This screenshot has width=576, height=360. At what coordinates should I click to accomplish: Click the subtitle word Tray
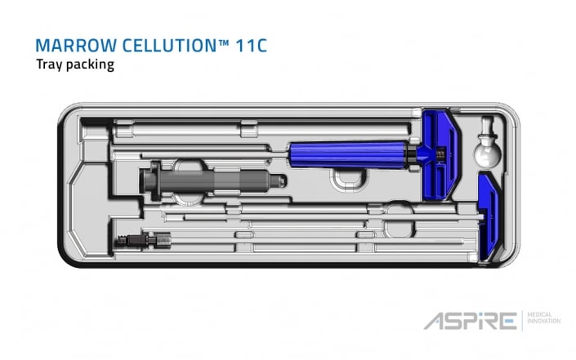click(50, 64)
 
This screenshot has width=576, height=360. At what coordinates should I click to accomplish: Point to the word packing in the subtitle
click(91, 65)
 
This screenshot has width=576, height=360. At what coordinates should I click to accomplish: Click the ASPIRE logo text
click(469, 321)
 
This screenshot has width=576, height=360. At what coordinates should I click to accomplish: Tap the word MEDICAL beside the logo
click(541, 315)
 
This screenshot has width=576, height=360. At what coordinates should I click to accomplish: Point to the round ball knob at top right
click(488, 151)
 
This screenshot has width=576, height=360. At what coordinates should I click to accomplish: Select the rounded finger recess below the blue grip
click(344, 177)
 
